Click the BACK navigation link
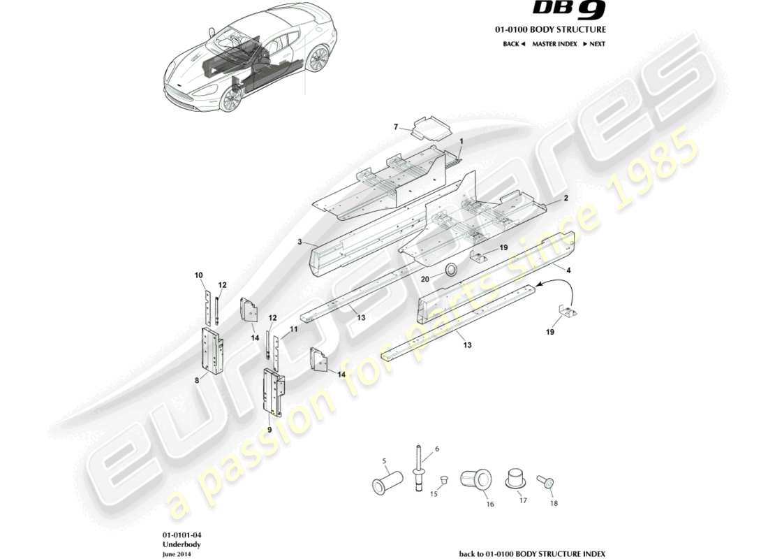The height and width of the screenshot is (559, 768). point(513,44)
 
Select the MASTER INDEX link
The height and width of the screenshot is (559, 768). point(554,44)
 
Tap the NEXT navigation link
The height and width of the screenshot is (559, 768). point(593,44)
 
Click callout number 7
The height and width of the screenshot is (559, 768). point(396,127)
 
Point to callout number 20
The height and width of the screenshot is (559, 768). point(424,278)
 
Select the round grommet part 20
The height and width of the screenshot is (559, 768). point(452,269)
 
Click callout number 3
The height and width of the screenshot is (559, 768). point(299,242)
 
